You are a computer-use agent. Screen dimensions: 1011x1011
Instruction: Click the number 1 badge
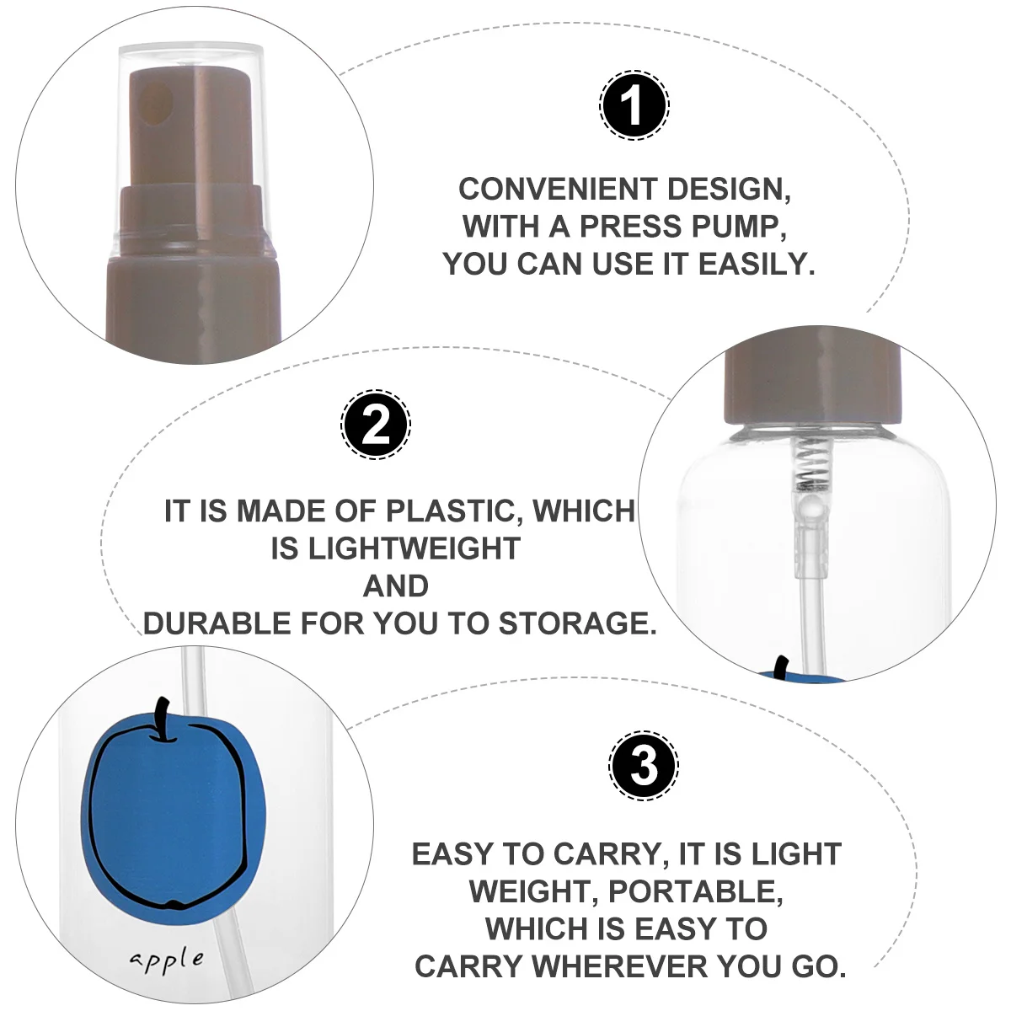(634, 106)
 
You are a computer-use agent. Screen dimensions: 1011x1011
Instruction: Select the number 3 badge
(644, 766)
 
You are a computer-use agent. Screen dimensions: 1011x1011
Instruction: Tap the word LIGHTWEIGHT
(395, 548)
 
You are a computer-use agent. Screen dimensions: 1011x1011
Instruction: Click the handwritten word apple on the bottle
(167, 960)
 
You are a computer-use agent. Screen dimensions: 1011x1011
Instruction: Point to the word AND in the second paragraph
(395, 586)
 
